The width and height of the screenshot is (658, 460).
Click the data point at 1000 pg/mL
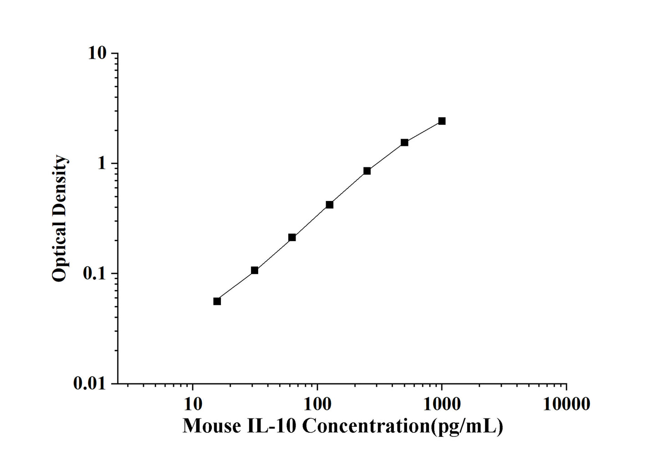(442, 121)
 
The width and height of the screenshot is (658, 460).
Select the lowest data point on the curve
(217, 301)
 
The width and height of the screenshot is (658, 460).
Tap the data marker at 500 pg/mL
(404, 142)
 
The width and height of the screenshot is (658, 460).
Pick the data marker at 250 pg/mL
(367, 171)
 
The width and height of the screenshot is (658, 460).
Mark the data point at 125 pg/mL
(330, 205)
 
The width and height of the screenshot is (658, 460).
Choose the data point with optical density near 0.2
(292, 238)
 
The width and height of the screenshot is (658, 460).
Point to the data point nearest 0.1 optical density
(255, 270)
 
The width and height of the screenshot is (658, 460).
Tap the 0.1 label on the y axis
(93, 274)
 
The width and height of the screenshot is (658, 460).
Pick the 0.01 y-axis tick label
(89, 384)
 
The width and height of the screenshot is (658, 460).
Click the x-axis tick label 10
(193, 404)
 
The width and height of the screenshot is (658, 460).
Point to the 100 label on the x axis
(317, 404)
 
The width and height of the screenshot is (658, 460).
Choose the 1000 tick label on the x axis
(442, 404)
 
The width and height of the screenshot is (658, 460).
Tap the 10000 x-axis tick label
(566, 404)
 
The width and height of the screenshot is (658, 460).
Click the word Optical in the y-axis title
(59, 256)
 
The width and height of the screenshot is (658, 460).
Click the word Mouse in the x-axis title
(212, 426)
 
